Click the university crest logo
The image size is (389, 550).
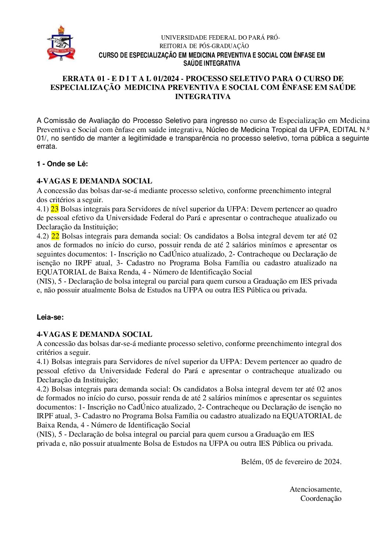click(61, 43)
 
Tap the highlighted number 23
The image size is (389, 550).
click(55, 209)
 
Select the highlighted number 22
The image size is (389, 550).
click(55, 236)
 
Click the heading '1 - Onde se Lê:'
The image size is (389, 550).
click(62, 164)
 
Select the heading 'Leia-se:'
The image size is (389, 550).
click(50, 317)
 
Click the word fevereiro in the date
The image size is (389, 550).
click(298, 462)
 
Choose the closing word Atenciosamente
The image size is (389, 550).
click(315, 489)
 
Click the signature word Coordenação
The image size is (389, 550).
click(321, 498)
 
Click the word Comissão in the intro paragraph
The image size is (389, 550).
click(61, 121)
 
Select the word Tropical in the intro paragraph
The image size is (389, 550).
click(284, 130)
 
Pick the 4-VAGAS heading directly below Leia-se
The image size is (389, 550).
click(94, 334)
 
